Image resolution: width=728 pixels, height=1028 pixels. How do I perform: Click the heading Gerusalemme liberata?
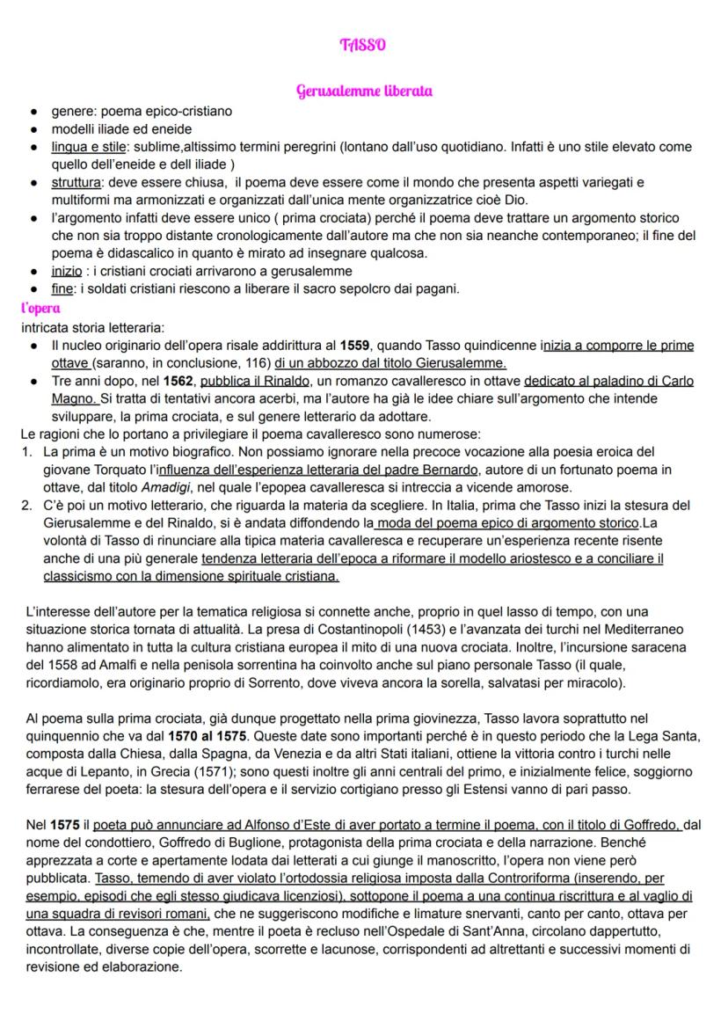pos(363,91)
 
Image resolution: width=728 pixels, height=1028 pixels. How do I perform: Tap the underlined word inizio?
pos(67,271)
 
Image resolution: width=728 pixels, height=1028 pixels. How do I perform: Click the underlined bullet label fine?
pos(62,289)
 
